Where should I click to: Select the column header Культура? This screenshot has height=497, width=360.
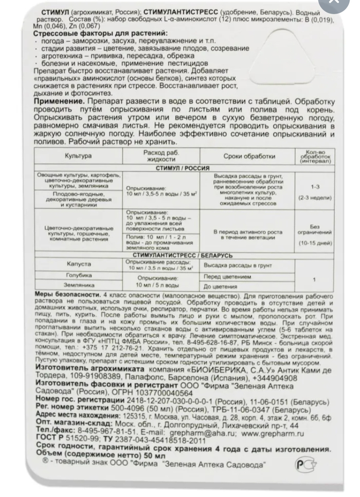78,156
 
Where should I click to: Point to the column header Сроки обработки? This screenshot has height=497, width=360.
242,156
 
